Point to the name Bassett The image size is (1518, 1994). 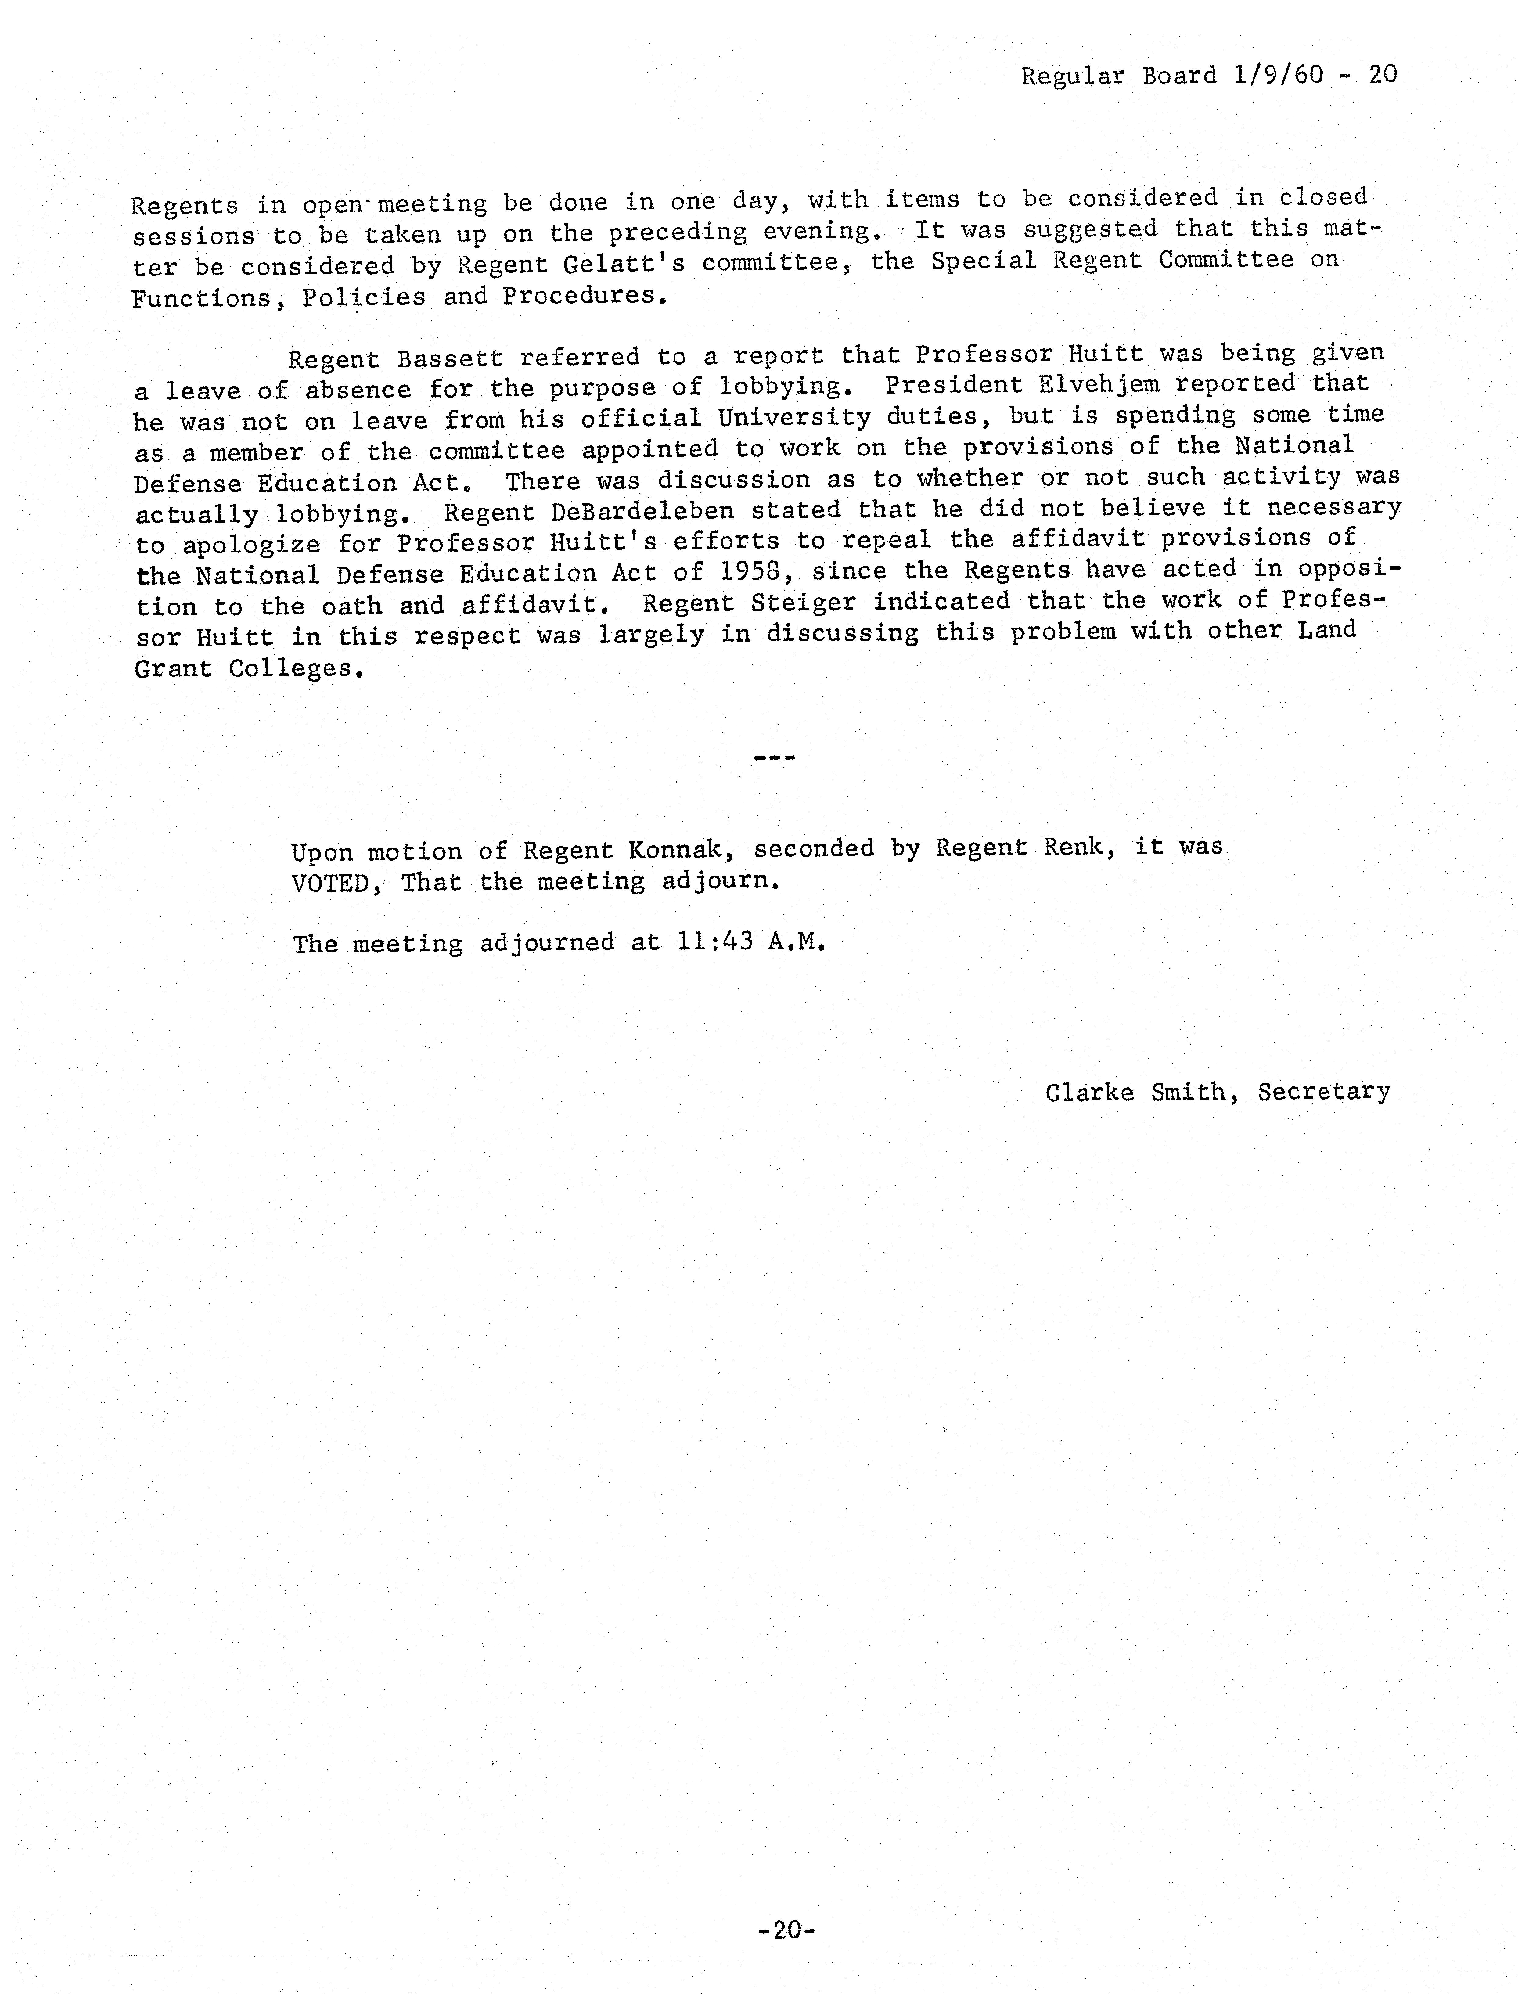[449, 358]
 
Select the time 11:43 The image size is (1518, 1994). [714, 942]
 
